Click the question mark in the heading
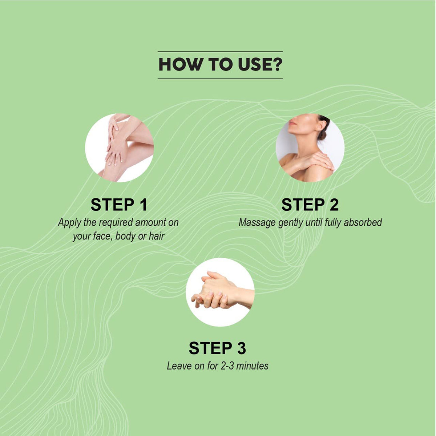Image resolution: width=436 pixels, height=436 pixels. (277, 64)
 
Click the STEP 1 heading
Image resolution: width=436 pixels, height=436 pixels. (119, 205)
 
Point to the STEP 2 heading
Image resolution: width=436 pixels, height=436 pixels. (310, 205)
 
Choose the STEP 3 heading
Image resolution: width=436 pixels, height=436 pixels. (217, 348)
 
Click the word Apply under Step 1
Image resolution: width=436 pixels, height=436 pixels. (69, 223)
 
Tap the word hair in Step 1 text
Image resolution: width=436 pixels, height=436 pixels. (157, 236)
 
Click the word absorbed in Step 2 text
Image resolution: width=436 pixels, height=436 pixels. (363, 222)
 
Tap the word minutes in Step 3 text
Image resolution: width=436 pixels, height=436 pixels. (252, 366)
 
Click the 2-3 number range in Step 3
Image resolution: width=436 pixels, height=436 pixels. (227, 366)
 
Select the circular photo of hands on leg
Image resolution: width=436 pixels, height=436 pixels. (120, 148)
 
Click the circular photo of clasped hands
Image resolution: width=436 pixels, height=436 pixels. (220, 292)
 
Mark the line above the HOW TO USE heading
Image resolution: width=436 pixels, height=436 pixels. (220, 52)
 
